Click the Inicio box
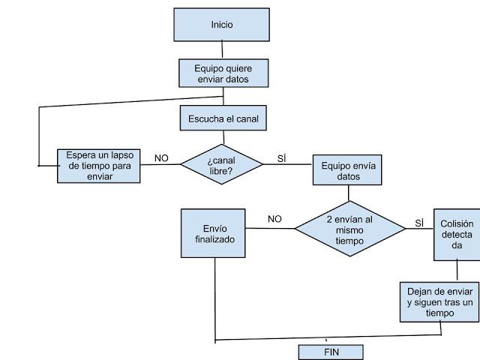(x=221, y=25)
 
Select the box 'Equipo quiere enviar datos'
(x=223, y=73)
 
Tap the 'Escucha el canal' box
(x=223, y=118)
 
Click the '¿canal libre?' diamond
(x=222, y=165)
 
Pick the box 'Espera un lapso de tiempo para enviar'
(x=99, y=166)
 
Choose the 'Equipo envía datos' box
(x=347, y=171)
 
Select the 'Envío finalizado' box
(x=213, y=233)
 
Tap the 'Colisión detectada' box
(x=457, y=234)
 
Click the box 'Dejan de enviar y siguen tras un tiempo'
(x=439, y=302)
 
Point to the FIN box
(x=331, y=352)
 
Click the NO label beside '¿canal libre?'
(x=161, y=157)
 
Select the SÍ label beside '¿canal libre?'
(x=282, y=157)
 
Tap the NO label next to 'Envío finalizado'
(x=274, y=219)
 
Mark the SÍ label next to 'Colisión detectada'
(x=419, y=223)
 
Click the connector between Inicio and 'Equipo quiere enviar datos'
(x=222, y=50)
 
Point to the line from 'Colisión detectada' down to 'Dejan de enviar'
(x=457, y=271)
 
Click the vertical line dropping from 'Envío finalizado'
(x=216, y=300)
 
